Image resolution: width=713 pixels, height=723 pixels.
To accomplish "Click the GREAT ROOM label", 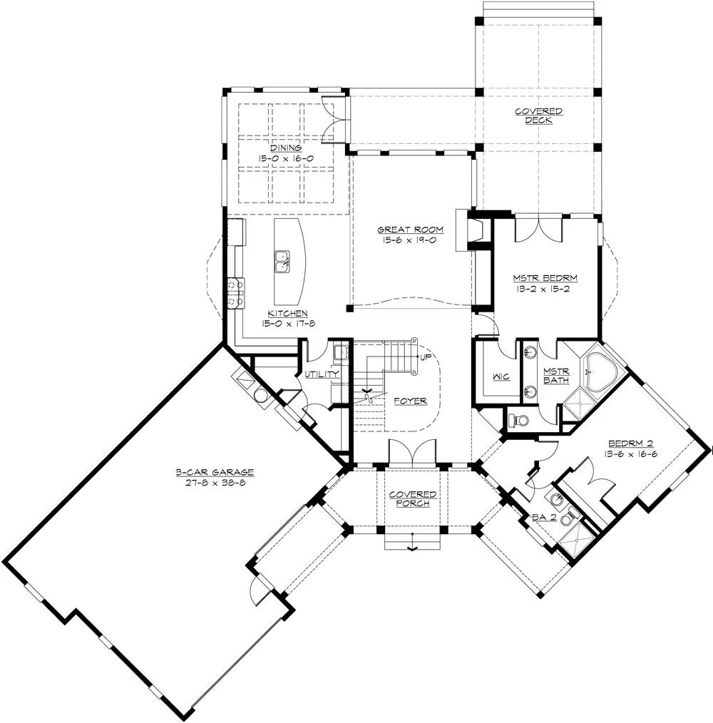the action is [x=411, y=230].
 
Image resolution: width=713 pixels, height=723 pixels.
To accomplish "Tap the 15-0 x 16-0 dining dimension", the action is [x=286, y=158].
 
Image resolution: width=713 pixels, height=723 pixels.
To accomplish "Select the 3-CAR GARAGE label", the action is [x=215, y=472].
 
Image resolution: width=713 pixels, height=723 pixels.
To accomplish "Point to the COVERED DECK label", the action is [x=538, y=116].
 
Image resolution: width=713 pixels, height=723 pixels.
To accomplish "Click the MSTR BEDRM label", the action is [x=545, y=279].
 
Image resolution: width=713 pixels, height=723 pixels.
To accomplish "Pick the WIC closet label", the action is [x=501, y=376].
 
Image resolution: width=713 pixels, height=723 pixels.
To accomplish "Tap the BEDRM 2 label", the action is [x=630, y=443].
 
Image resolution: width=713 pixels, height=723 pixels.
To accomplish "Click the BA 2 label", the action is [x=544, y=518].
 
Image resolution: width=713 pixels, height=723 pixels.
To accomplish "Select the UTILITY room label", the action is [x=322, y=374].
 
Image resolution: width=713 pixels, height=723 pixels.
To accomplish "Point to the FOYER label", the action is [x=411, y=401].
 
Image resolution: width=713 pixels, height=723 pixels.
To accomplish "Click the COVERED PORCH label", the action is [x=413, y=499].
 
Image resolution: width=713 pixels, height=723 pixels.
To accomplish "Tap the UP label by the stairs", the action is [x=425, y=357].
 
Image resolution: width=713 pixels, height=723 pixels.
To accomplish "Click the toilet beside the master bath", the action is [x=518, y=420].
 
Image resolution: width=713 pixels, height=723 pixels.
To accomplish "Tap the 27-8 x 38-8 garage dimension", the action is [x=215, y=483].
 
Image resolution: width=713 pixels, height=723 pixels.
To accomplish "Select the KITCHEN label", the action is [x=288, y=314].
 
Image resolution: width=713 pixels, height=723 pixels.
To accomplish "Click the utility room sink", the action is [x=341, y=353].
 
